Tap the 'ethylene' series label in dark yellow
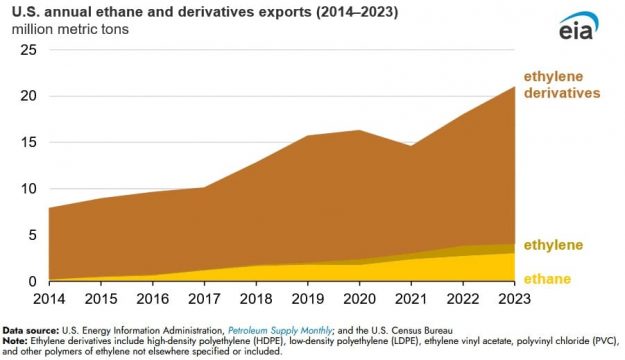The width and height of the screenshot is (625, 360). point(554,246)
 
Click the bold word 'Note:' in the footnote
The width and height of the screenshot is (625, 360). point(16,340)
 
